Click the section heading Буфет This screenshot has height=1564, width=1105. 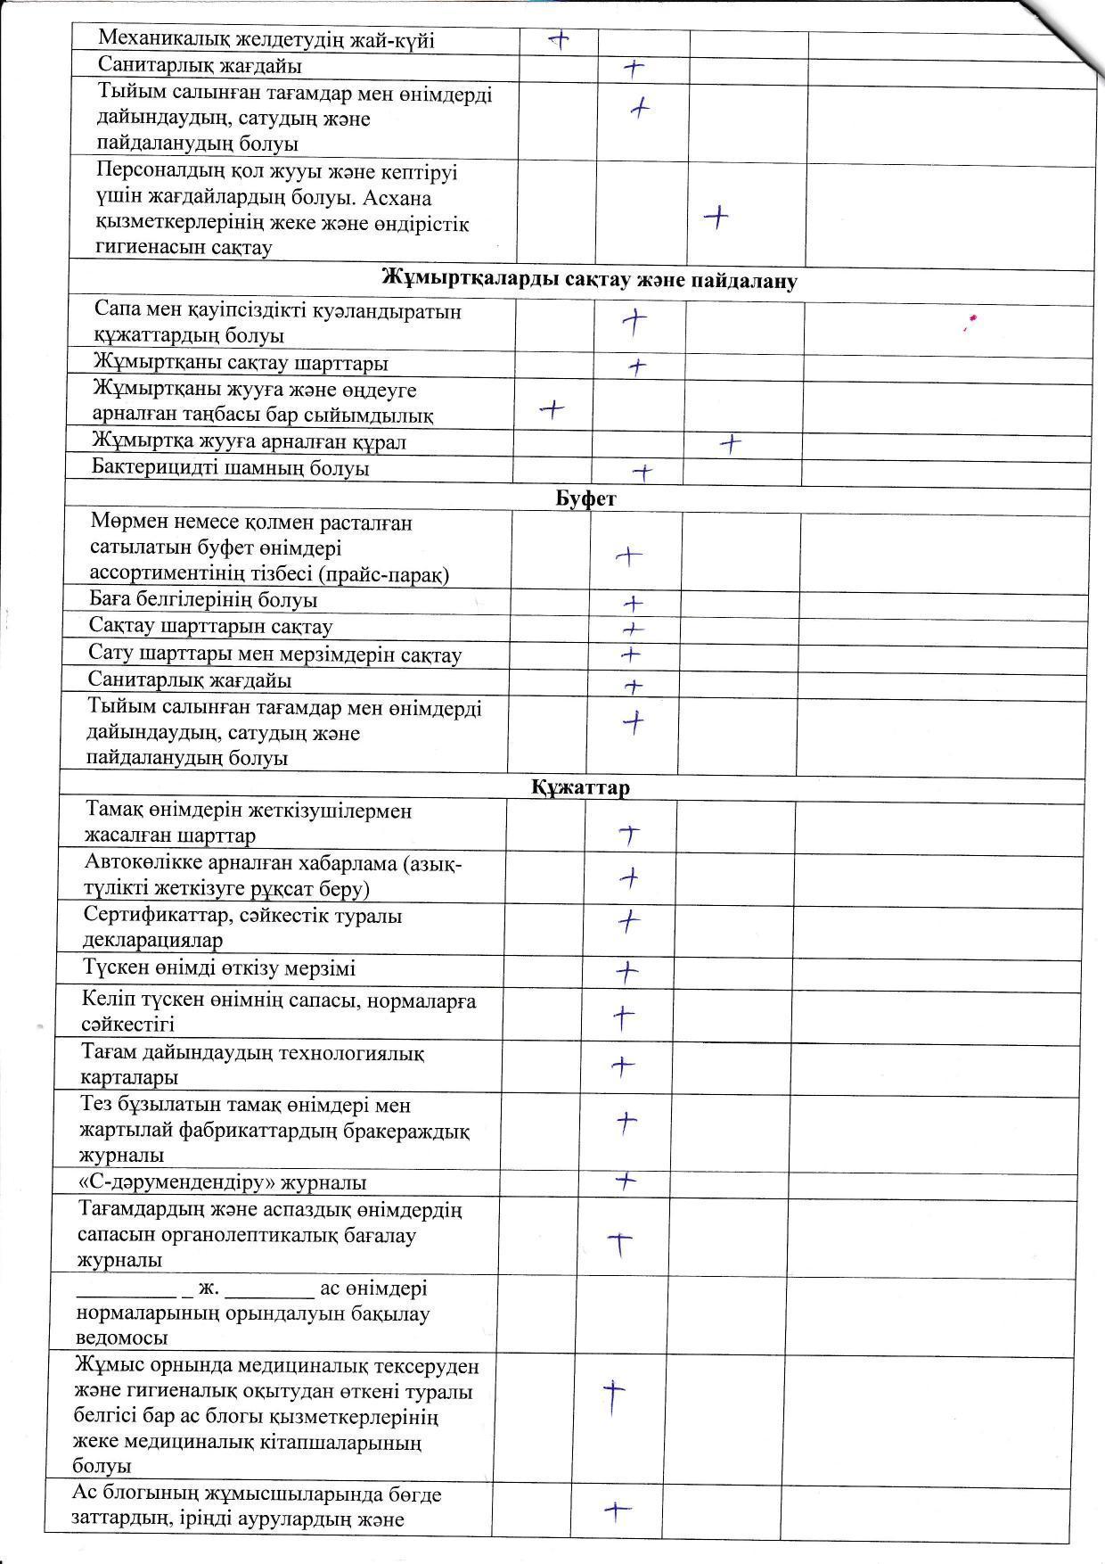point(585,498)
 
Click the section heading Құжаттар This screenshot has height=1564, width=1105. point(581,787)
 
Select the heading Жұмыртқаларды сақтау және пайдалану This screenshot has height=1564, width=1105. point(589,280)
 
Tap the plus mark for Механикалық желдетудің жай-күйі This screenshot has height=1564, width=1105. point(559,38)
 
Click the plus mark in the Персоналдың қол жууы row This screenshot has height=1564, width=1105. point(716,216)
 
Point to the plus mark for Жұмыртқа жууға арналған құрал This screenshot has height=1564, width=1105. point(731,442)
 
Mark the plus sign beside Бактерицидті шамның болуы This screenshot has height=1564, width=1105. point(642,472)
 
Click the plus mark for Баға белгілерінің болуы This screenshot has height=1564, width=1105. point(633,604)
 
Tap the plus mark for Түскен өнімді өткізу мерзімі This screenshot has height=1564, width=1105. point(627,971)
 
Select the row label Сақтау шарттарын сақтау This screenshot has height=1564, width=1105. point(210,626)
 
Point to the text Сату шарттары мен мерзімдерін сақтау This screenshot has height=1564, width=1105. point(274,654)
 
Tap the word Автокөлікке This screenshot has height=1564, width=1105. point(143,863)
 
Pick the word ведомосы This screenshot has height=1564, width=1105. point(123,1338)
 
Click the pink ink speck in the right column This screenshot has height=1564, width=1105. point(972,318)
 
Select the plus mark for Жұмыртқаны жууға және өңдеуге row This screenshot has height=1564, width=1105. point(552,409)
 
